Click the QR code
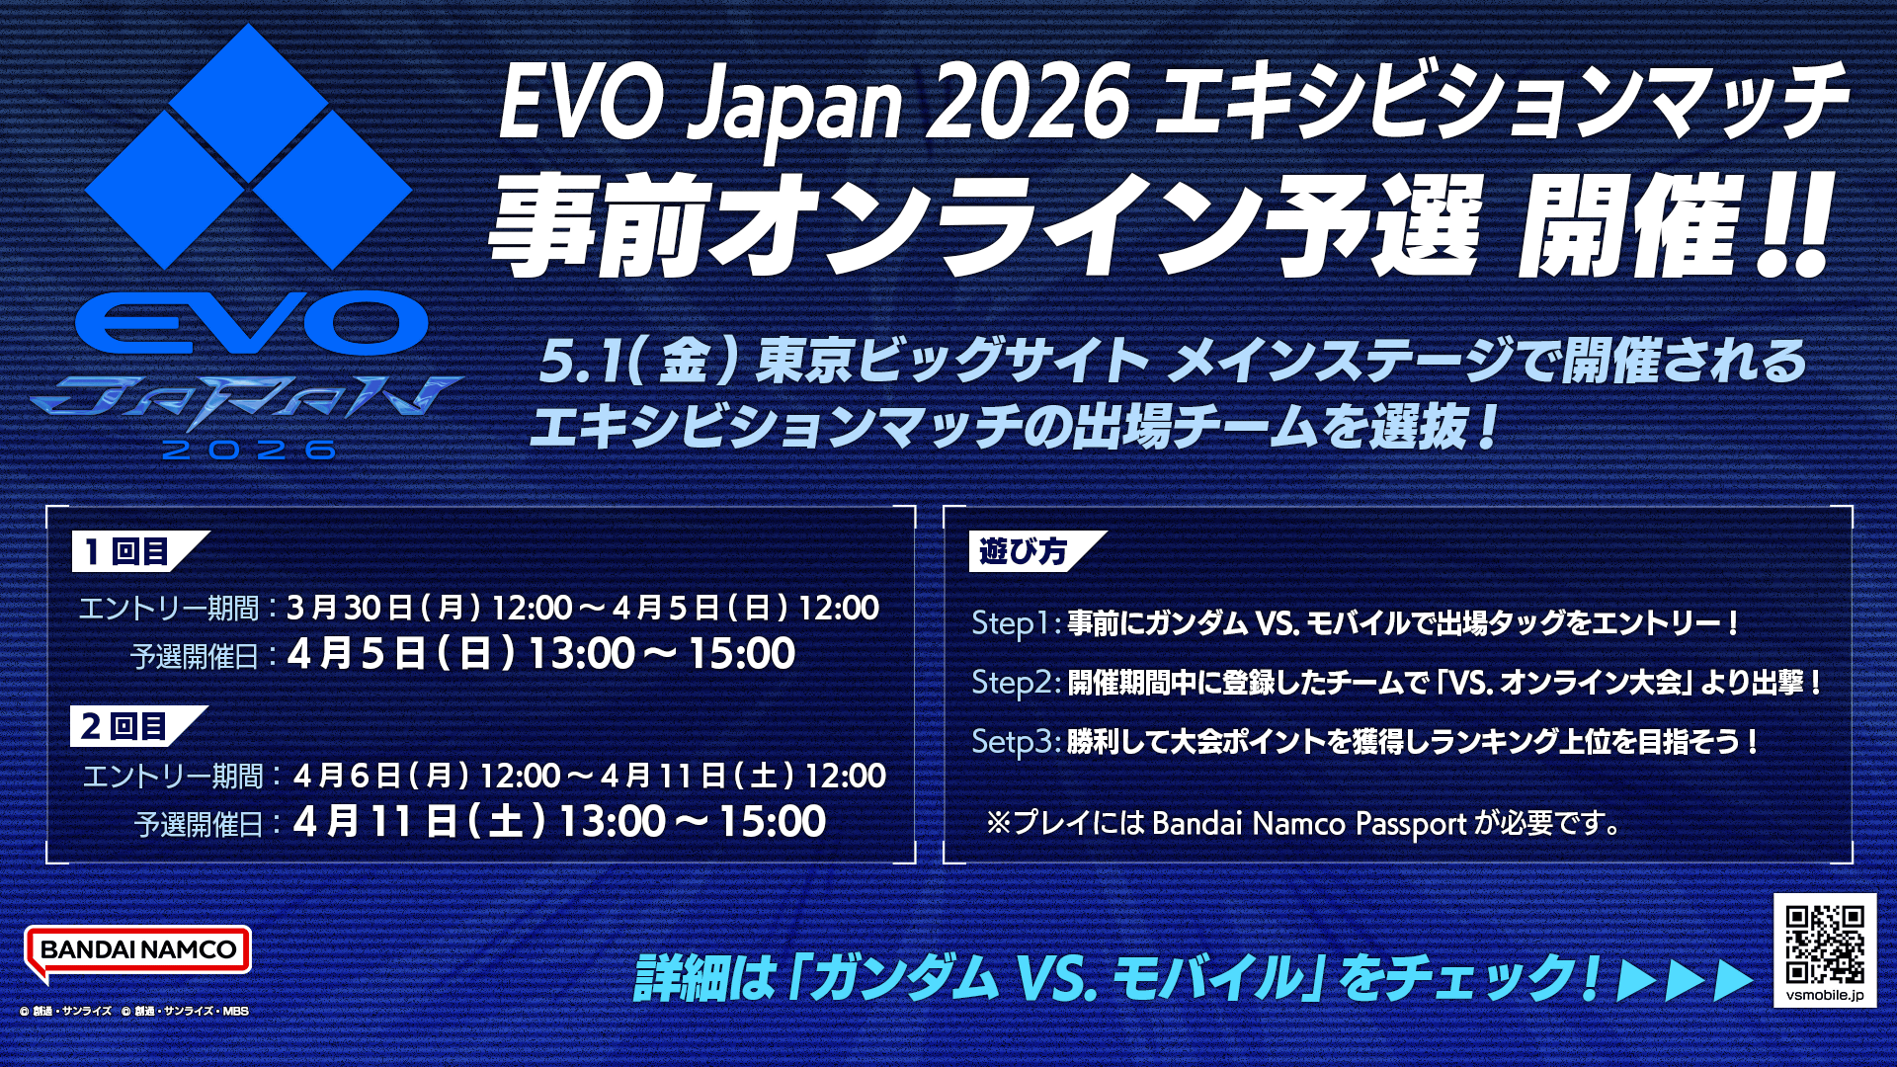1825,944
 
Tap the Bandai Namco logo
137,952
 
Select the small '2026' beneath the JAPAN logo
249,451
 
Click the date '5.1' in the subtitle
583,361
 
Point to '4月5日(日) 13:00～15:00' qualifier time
541,654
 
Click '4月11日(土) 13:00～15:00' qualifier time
559,822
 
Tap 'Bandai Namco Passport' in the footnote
1309,824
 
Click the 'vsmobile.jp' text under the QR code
1825,995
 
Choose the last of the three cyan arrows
1734,980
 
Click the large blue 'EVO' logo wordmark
251,323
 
